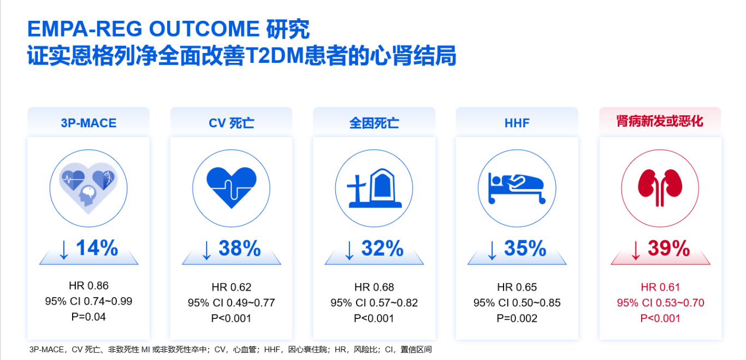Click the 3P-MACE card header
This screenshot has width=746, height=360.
point(88,123)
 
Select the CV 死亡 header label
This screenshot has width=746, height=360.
point(232,123)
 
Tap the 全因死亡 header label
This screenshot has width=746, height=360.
point(374,123)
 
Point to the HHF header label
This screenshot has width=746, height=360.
point(517,123)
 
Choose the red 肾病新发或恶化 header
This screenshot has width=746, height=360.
point(660,121)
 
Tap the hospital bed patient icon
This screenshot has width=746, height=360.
point(517,188)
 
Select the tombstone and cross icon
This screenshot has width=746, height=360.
point(374,188)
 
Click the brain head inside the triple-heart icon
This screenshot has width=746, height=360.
point(87,195)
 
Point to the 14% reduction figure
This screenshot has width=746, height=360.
point(97,248)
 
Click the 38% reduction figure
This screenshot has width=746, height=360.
point(240,248)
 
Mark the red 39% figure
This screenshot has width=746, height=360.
point(669,248)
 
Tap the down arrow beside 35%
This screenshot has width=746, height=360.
point(492,250)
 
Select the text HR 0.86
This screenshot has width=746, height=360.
point(88,285)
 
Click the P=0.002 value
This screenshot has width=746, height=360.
point(517,318)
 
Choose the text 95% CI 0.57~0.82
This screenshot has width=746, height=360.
point(374,303)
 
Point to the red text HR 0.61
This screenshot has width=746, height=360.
point(660,287)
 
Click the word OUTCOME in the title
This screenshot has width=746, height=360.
point(204,28)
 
